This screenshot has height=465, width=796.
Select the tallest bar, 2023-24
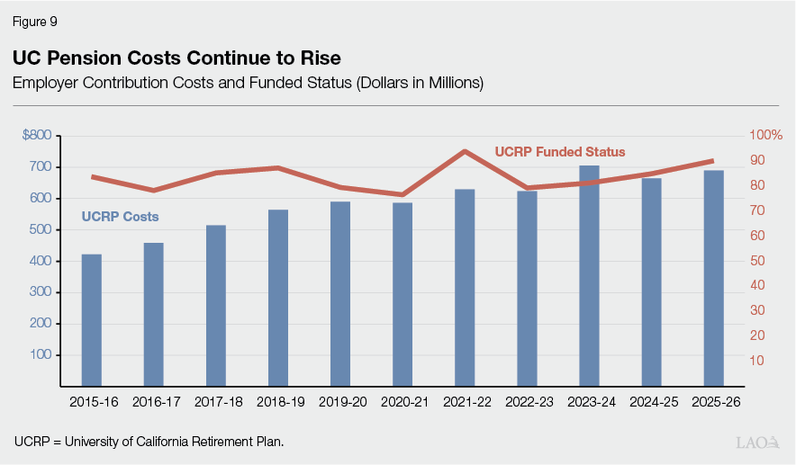point(589,275)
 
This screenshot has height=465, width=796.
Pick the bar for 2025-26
point(713,278)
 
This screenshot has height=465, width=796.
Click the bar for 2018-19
point(278,298)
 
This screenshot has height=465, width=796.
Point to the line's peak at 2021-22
point(465,151)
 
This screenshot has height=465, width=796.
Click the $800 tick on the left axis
point(37,135)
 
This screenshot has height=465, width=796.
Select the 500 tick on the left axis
point(40,229)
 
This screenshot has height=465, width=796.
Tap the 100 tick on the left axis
point(40,354)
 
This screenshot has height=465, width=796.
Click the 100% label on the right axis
point(766,135)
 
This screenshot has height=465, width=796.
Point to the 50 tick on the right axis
point(757,261)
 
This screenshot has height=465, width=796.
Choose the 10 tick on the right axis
point(757,361)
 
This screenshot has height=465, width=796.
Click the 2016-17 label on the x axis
point(154,402)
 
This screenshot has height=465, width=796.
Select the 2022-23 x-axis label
point(527,402)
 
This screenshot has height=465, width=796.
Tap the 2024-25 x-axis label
point(651,402)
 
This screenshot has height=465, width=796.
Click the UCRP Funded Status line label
point(559,152)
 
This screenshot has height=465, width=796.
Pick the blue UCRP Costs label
point(120,217)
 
